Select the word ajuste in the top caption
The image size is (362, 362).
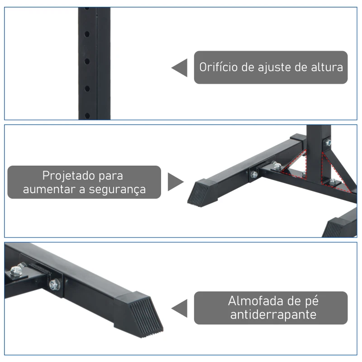click(x=273, y=68)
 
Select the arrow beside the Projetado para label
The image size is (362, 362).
click(x=176, y=182)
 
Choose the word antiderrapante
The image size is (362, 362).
click(x=273, y=314)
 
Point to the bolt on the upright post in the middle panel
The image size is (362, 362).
click(x=328, y=142)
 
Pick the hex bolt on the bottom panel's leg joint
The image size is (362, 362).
click(x=55, y=285)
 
